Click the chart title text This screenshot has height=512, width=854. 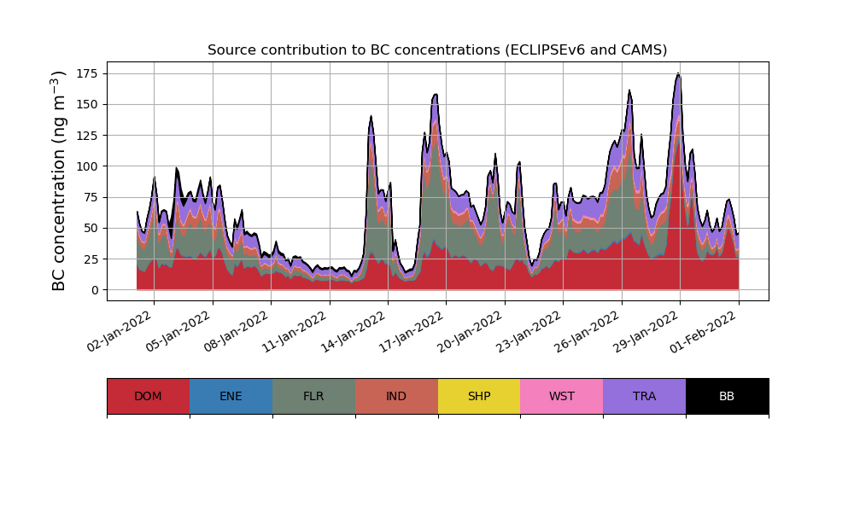click(x=437, y=50)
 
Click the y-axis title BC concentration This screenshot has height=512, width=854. click(x=59, y=181)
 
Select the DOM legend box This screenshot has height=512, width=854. click(x=148, y=396)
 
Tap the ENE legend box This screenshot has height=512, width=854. click(x=231, y=396)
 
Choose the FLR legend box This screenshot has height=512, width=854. click(x=313, y=396)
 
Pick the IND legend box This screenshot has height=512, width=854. click(x=396, y=396)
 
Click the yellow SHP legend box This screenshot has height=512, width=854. click(x=479, y=396)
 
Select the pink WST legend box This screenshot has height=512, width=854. click(x=562, y=396)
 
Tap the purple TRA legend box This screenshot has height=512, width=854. click(x=645, y=396)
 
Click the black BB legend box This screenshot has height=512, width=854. click(x=727, y=396)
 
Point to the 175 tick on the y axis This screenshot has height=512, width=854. click(x=89, y=73)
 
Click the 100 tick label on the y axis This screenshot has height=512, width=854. click(x=89, y=166)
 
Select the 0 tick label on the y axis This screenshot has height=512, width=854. click(x=94, y=290)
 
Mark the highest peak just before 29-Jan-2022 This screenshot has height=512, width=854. click(x=677, y=74)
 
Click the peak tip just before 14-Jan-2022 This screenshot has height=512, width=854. click(x=371, y=116)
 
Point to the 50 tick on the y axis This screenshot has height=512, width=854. click(x=91, y=228)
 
